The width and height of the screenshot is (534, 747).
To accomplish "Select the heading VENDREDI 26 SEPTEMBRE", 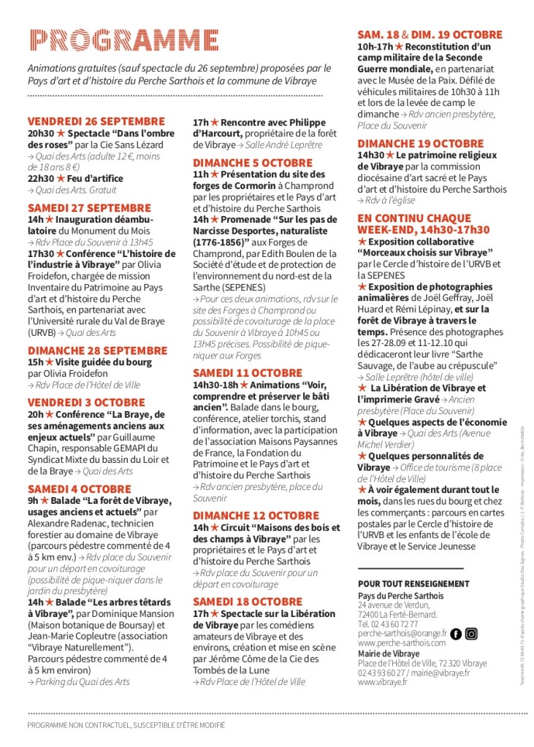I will (96, 121).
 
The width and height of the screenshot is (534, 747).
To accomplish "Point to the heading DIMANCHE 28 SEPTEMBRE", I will (97, 350).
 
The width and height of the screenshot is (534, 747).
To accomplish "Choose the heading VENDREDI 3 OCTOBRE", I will (86, 402).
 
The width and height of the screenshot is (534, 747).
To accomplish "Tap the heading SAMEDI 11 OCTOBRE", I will (247, 373).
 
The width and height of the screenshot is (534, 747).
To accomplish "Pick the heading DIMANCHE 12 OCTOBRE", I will (256, 516).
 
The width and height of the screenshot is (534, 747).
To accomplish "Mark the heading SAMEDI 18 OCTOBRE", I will (247, 602).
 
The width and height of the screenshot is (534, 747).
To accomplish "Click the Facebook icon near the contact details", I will (455, 634).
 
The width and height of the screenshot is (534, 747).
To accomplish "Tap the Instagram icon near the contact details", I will (471, 634).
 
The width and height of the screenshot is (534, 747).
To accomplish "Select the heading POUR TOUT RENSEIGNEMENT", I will (413, 584).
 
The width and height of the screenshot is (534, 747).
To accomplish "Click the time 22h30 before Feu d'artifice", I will (40, 178).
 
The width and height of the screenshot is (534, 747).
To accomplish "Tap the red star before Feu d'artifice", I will (61, 178).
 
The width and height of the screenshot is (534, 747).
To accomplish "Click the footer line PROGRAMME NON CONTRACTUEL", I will (126, 725).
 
